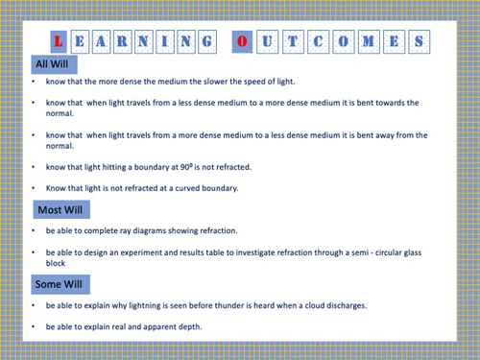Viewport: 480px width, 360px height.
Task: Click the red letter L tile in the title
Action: point(60,42)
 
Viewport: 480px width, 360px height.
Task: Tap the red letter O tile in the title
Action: point(242,42)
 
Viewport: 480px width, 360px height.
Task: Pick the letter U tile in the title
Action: point(268,42)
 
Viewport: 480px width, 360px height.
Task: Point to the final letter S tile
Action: point(420,42)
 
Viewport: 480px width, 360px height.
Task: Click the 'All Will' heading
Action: point(53,63)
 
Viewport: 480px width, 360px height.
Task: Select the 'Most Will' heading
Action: point(60,208)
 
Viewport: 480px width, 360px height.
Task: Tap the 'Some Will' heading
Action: point(60,284)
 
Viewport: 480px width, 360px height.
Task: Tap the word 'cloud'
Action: point(321,306)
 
